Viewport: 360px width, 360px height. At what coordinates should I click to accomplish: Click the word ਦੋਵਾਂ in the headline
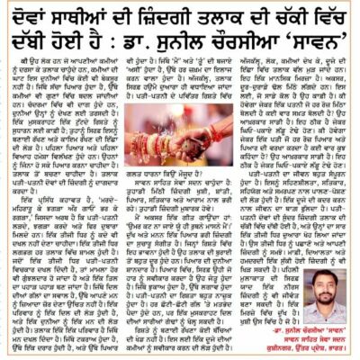[x=33, y=20]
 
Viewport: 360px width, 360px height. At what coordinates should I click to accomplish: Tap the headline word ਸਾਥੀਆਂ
[x=86, y=20]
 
